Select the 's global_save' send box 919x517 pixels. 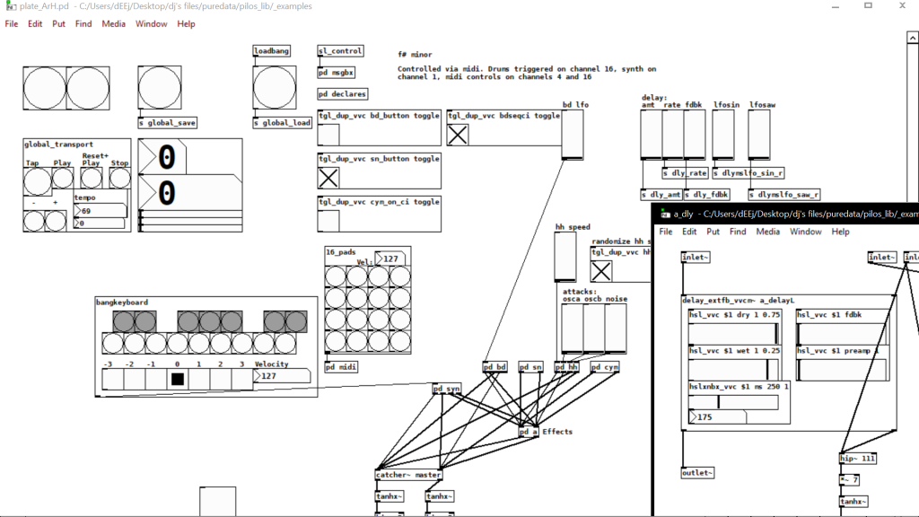[167, 123]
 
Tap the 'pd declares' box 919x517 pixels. [343, 94]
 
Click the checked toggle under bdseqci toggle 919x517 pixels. [458, 135]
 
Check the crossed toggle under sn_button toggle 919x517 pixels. [328, 178]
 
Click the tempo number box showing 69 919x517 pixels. [100, 211]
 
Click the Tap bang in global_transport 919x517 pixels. [37, 181]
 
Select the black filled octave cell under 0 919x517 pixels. [178, 379]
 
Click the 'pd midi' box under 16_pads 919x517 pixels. [342, 366]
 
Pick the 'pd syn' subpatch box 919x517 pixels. [446, 389]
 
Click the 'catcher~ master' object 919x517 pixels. [408, 475]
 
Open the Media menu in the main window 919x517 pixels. [113, 24]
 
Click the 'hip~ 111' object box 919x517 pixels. [857, 459]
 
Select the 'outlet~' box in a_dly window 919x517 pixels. [697, 472]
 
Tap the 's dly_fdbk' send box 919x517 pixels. [706, 194]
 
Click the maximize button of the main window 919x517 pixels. [868, 6]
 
